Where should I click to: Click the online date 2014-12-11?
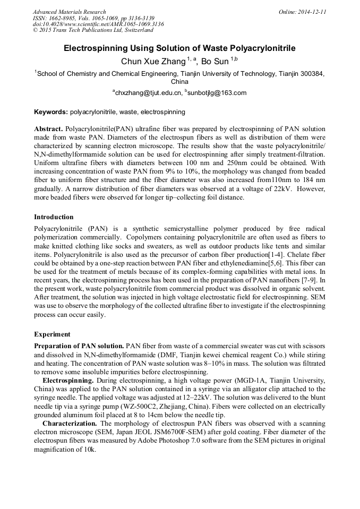point(311,12)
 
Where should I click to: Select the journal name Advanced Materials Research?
point(69,12)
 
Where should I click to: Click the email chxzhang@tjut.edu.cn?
point(148,93)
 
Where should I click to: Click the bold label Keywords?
point(51,112)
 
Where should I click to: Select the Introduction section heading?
point(54,217)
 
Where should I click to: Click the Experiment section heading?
point(52,334)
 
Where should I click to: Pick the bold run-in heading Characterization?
point(70,423)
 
